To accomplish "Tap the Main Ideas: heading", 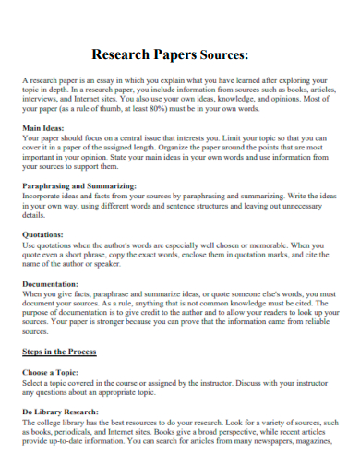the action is tap(44, 127).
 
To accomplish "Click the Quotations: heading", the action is tap(42, 235).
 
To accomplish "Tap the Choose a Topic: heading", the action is tap(54, 373).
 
